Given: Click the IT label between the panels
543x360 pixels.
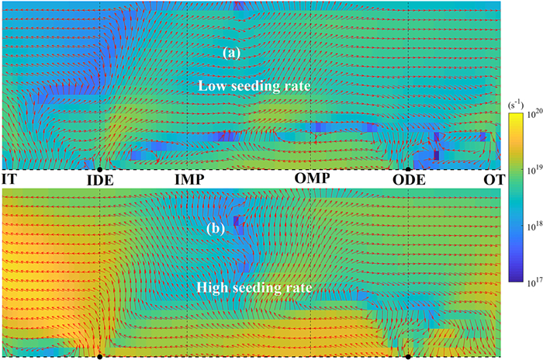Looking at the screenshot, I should click(10, 180).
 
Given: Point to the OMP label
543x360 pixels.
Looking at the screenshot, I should click(313, 179).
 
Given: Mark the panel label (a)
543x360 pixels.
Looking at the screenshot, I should click(232, 53).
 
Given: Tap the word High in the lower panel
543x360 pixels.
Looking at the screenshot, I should click(213, 288).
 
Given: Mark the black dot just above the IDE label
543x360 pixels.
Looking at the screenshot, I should click(100, 168).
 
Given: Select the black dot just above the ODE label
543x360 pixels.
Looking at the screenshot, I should click(408, 168).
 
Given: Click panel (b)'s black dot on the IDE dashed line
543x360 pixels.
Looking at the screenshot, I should click(100, 357).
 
